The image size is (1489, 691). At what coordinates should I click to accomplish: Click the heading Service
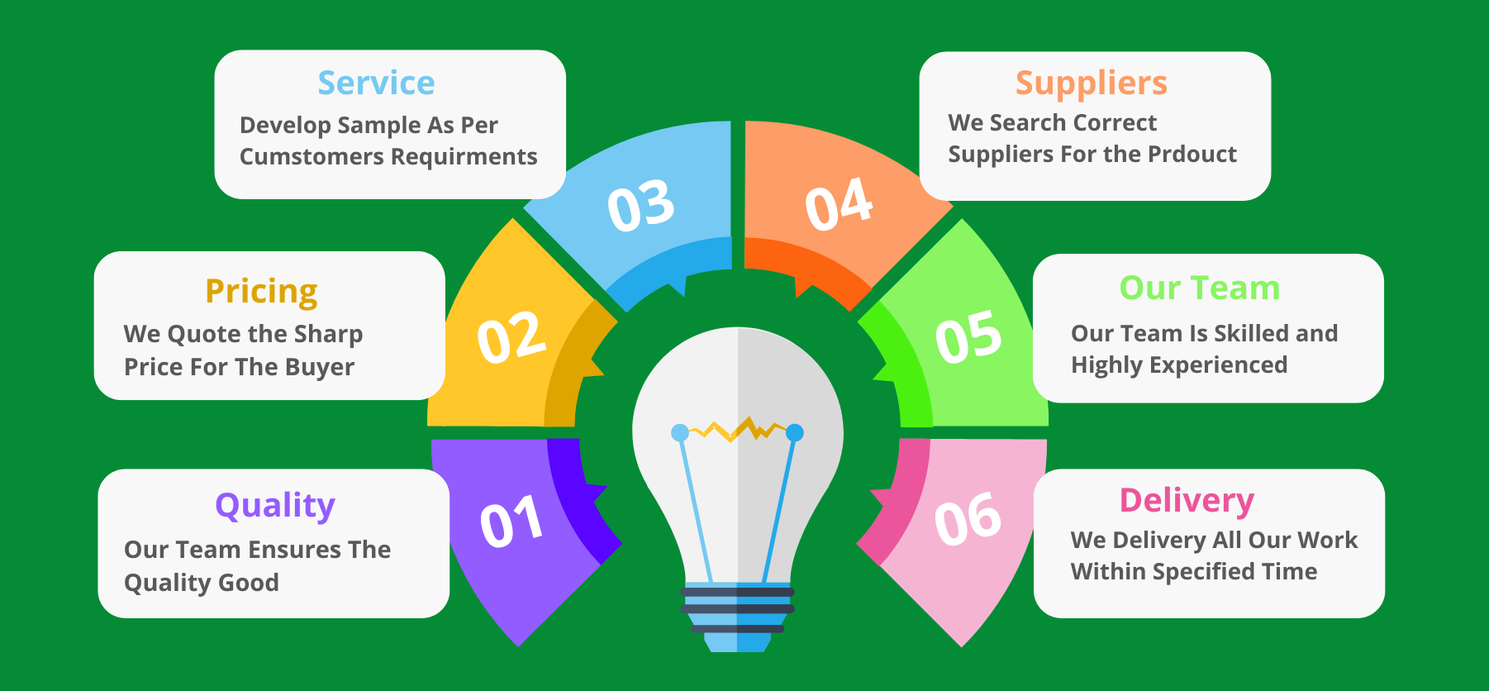[x=376, y=83]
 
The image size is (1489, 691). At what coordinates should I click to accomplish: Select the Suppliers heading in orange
[x=1091, y=84]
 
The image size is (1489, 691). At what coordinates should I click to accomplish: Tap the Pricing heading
[x=261, y=293]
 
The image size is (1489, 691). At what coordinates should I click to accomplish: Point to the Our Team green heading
[x=1199, y=288]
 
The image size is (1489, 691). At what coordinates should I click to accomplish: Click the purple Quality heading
[x=275, y=506]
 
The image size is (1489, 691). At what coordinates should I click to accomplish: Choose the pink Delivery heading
[x=1187, y=501]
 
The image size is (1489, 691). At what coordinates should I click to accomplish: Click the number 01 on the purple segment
[x=511, y=522]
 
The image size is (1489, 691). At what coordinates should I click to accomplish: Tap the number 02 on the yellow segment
[x=511, y=336]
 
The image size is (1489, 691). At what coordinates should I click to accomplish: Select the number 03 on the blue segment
[x=640, y=205]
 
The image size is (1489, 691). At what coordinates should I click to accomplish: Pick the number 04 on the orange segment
[x=839, y=203]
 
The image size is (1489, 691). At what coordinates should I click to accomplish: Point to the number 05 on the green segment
[x=968, y=336]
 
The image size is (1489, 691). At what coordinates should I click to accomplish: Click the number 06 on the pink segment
[x=968, y=520]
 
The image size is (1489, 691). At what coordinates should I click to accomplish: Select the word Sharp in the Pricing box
[x=328, y=335]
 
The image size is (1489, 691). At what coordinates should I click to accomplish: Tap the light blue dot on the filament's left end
[x=680, y=432]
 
